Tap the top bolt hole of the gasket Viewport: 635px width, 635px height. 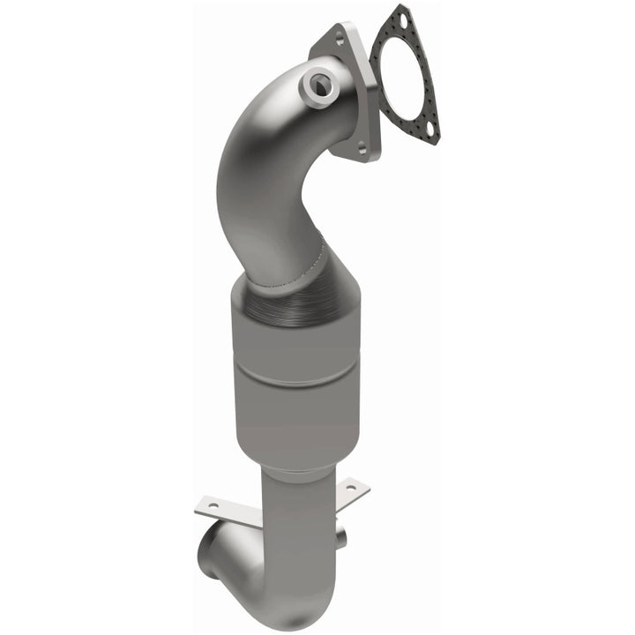tap(401, 18)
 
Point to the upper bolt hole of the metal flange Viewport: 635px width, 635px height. tap(338, 38)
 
